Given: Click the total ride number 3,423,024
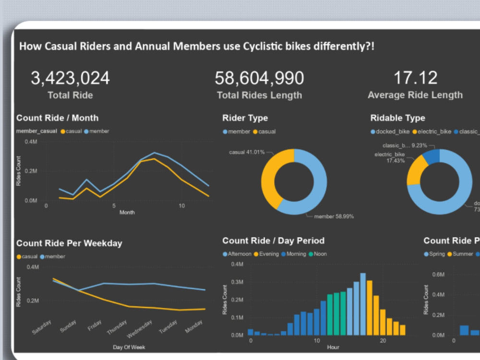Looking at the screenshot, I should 70,78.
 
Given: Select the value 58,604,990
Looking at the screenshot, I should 259,78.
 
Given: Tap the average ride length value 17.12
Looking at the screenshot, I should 415,78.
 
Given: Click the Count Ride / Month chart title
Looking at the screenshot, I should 57,118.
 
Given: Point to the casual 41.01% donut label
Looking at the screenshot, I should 246,152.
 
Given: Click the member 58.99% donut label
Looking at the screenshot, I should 334,216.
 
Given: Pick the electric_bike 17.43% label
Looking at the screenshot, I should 390,157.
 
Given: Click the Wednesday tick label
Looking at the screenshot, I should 139,329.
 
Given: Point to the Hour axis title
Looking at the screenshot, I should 333,347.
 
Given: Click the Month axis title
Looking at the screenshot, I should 127,212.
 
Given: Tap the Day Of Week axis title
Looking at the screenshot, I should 129,347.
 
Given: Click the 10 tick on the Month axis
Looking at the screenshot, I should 181,206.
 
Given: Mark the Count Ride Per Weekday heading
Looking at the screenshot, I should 69,243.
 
